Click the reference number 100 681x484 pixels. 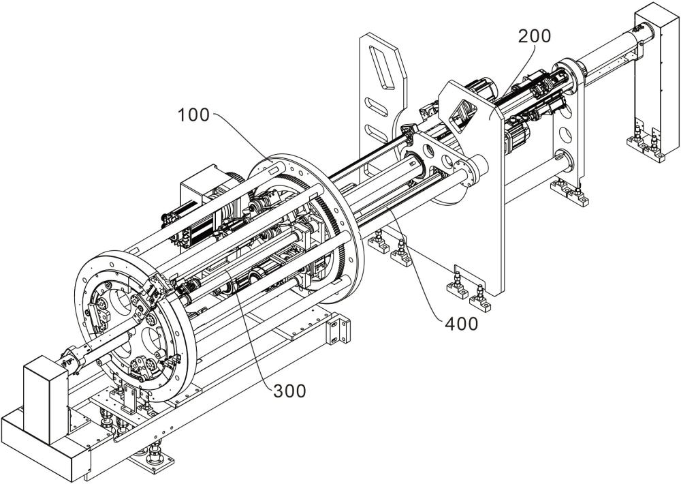pyautogui.click(x=193, y=115)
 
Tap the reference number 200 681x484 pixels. pyautogui.click(x=534, y=36)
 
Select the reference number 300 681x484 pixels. pyautogui.click(x=289, y=391)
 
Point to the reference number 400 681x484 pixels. pyautogui.click(x=461, y=324)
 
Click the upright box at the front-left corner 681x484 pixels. pyautogui.click(x=46, y=399)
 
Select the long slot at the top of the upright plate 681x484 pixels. pyautogui.click(x=381, y=67)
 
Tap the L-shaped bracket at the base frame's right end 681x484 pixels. pyautogui.click(x=338, y=330)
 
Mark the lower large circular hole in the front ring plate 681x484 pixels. pyautogui.click(x=152, y=340)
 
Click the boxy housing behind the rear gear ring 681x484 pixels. pyautogui.click(x=198, y=185)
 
